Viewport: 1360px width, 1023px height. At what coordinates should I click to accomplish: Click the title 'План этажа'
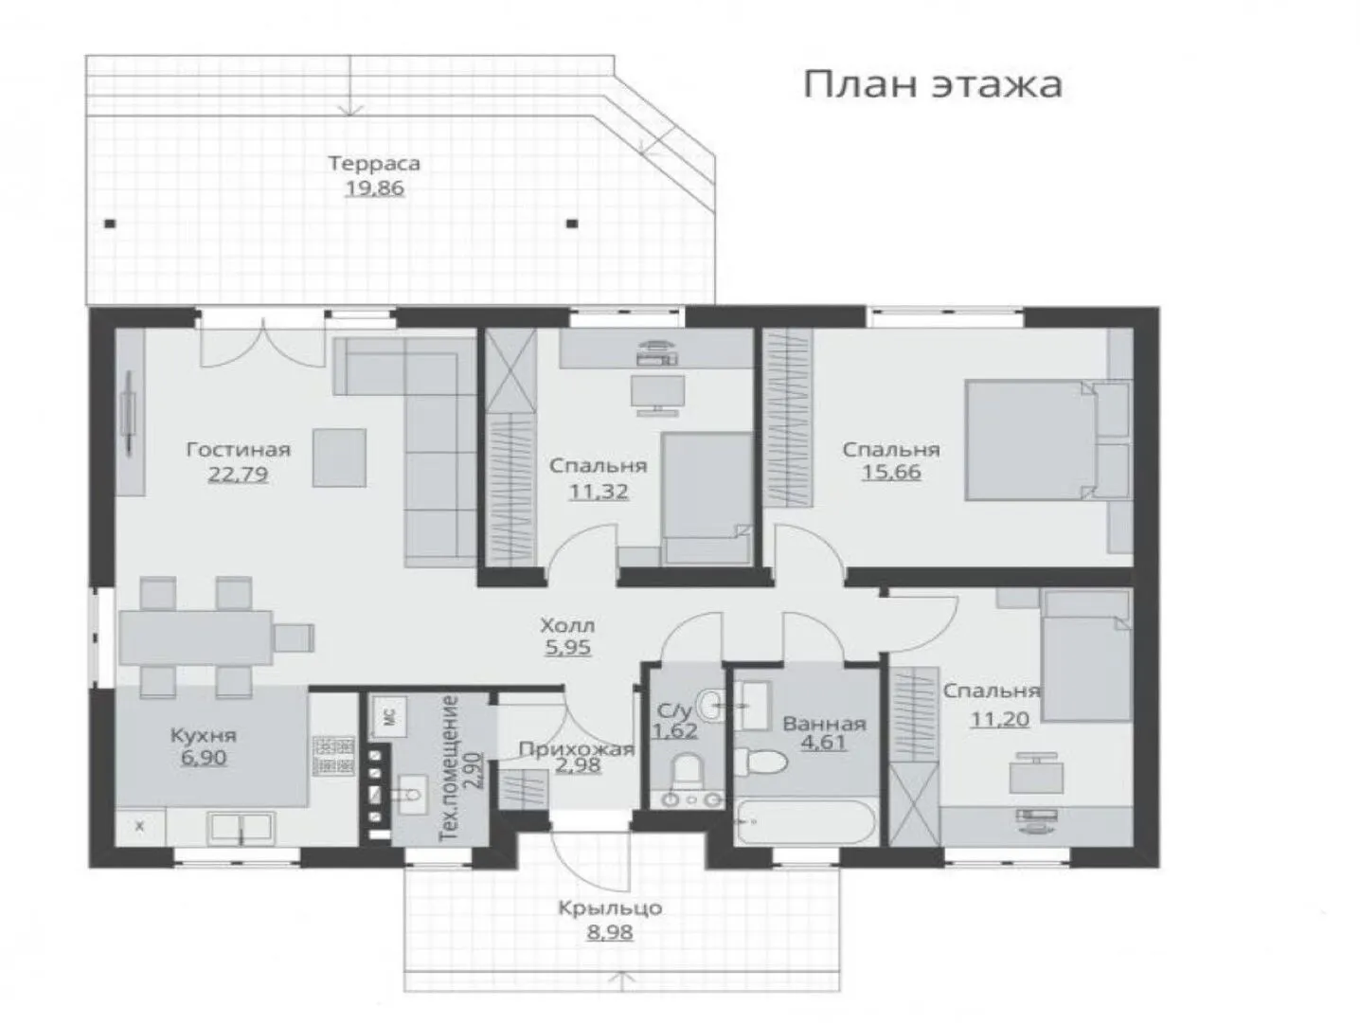click(932, 85)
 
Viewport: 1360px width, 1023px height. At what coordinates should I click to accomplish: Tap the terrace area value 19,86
click(374, 188)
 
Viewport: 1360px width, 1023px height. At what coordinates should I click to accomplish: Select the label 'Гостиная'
click(239, 449)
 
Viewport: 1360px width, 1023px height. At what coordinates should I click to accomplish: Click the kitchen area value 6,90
click(204, 758)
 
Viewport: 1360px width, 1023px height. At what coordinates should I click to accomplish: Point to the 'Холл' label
click(567, 625)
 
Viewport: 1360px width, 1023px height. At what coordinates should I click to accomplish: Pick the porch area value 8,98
click(610, 932)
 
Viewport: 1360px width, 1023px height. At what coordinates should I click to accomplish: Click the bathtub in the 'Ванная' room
click(805, 821)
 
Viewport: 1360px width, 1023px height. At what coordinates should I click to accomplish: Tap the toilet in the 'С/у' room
click(686, 769)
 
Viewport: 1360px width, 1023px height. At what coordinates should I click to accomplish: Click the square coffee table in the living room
click(339, 458)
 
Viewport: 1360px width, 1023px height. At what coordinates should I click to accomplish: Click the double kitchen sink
click(241, 828)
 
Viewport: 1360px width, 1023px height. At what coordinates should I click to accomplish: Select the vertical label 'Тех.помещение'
click(449, 768)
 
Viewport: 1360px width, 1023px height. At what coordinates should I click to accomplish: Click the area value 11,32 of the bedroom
click(599, 492)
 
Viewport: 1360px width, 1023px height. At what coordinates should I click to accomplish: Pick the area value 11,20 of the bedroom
click(1000, 719)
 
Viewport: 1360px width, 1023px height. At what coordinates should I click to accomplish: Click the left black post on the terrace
click(110, 224)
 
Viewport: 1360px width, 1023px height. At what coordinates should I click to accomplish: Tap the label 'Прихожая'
click(577, 749)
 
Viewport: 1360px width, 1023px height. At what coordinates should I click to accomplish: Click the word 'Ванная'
click(825, 724)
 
